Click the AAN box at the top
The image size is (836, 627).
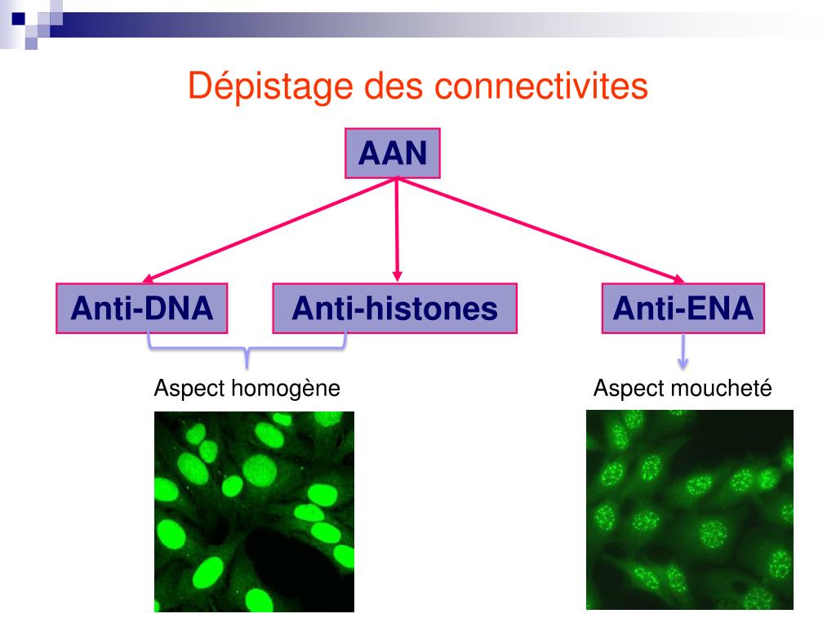394,153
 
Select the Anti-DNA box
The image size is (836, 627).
142,309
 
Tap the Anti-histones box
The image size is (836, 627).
395,309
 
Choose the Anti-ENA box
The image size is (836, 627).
683,309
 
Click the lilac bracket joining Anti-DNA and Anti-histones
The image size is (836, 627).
247,350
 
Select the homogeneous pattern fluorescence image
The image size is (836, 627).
254,511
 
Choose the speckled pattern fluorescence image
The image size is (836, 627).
690,509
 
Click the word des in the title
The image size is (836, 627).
381,87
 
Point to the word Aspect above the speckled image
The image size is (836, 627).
629,389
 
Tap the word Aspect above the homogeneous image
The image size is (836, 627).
189,389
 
